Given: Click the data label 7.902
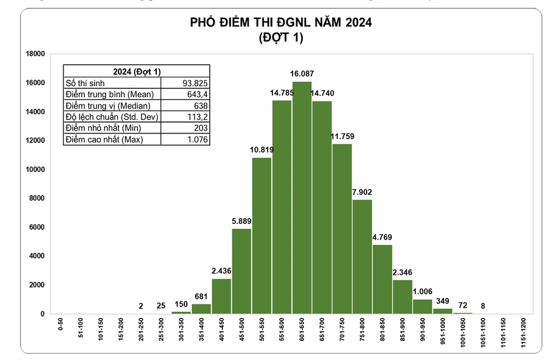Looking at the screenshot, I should [x=362, y=192].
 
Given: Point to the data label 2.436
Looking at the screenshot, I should [x=221, y=271].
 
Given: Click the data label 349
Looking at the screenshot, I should [x=443, y=301].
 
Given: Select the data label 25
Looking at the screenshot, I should [x=161, y=306].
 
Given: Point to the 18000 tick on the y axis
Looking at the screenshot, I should [x=35, y=54].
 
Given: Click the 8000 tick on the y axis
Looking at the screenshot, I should [x=37, y=198].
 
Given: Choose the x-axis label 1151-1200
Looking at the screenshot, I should [x=523, y=333].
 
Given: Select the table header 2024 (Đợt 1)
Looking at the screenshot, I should [x=136, y=72].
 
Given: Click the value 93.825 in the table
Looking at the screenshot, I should [x=195, y=83].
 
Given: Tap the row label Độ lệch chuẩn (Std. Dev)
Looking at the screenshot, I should [x=112, y=117].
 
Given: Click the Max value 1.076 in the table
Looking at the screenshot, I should [x=198, y=139].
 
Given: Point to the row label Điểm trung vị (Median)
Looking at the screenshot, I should [x=108, y=106].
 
